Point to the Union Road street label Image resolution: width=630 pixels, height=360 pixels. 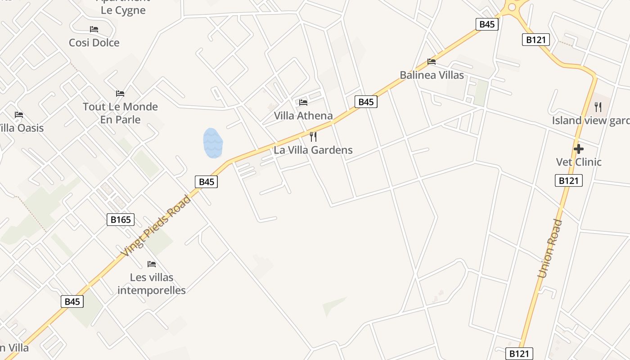click(x=550, y=248)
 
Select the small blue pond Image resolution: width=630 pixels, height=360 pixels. click(x=213, y=143)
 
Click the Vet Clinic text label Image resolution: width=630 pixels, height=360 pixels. click(x=579, y=162)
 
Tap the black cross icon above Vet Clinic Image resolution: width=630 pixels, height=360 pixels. click(x=579, y=148)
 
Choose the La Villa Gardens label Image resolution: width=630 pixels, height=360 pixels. click(x=313, y=150)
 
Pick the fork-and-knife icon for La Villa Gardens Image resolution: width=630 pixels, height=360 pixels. click(x=313, y=136)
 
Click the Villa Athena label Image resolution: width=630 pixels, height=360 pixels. click(x=303, y=116)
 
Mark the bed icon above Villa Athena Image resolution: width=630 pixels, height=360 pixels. click(x=303, y=103)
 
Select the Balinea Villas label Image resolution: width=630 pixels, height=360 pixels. click(x=432, y=75)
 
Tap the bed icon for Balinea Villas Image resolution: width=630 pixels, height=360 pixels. click(x=432, y=62)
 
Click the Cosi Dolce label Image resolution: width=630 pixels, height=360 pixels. click(x=94, y=43)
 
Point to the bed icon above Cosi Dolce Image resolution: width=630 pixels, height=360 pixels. click(x=94, y=29)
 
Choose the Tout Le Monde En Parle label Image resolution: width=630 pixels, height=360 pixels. click(x=120, y=113)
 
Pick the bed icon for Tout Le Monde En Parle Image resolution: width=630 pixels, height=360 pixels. click(x=120, y=94)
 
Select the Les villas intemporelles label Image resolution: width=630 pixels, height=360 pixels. click(x=152, y=283)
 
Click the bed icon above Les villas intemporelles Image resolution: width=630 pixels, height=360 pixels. click(x=152, y=264)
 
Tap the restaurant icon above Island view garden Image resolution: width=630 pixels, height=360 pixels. click(x=598, y=107)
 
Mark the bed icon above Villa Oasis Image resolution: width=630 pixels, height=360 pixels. click(x=19, y=115)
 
